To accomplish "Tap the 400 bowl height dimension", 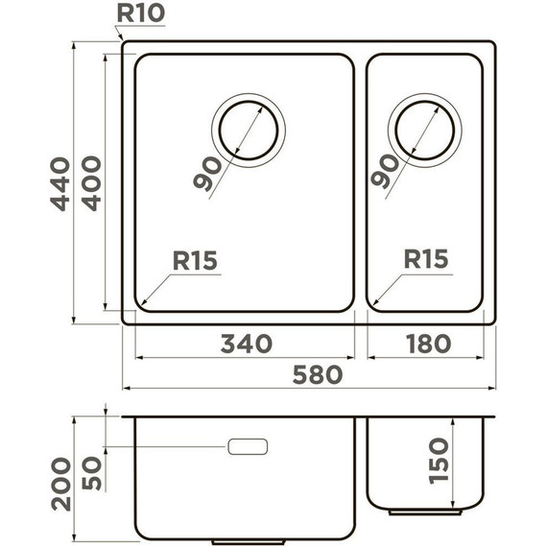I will (x=91, y=183).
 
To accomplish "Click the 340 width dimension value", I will (x=246, y=344).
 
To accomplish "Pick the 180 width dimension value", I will (x=425, y=344).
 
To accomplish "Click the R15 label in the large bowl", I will (x=195, y=260).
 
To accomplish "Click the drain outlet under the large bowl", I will (x=249, y=540).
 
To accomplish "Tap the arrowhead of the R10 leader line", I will (x=123, y=40).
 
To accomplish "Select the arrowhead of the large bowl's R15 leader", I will (x=142, y=305).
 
